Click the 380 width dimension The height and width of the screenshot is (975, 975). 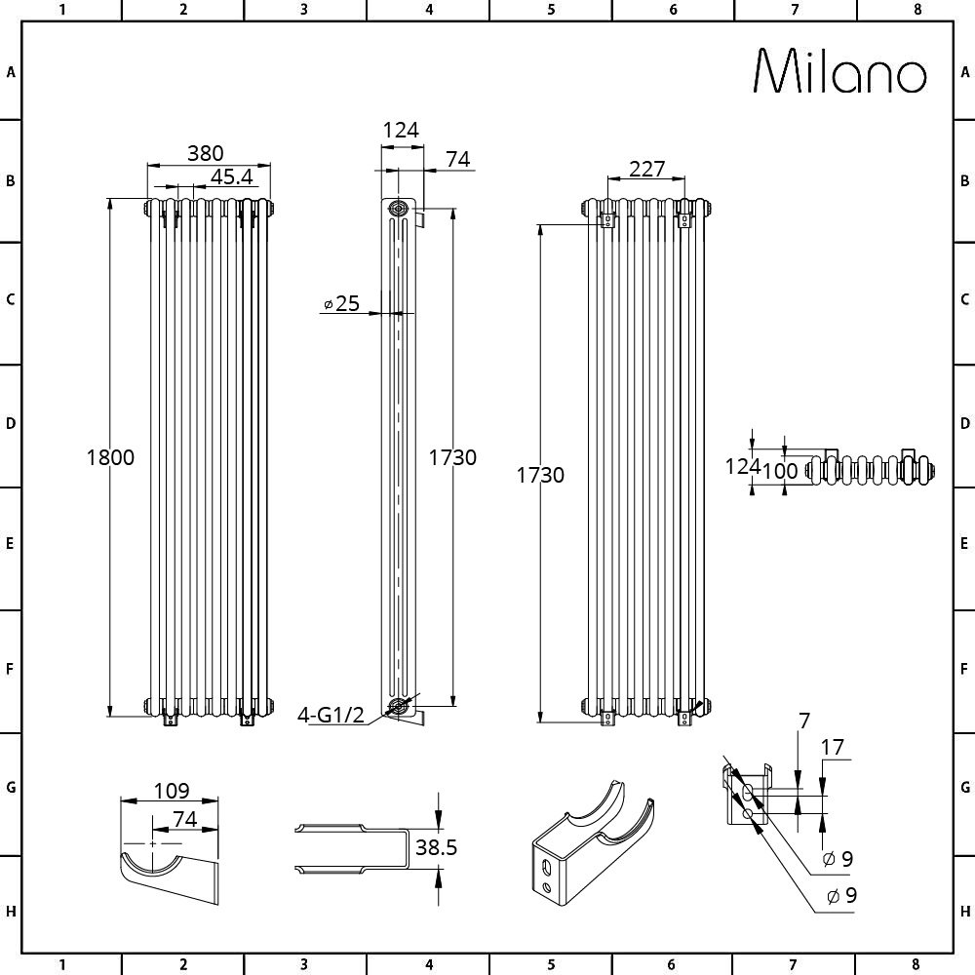205,153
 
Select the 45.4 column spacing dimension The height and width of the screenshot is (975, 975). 231,177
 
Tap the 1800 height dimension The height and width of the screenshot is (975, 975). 110,457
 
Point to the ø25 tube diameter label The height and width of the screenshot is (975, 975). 342,303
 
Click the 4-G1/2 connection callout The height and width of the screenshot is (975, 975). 331,715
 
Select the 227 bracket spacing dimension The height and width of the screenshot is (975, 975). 646,169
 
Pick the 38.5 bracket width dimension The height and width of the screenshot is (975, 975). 436,847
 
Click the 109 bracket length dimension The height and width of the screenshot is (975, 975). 171,791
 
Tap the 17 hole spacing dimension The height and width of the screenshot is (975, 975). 832,747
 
